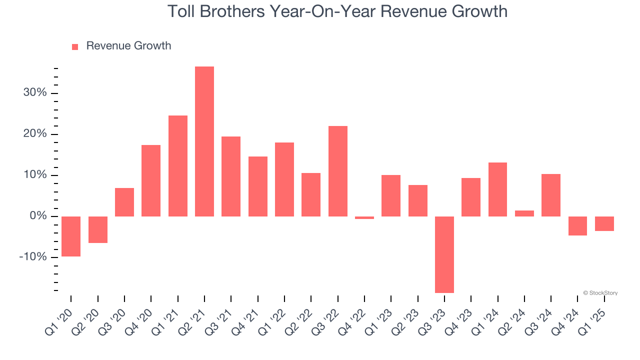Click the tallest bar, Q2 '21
(204, 141)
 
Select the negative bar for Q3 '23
(444, 254)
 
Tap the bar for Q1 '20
(71, 236)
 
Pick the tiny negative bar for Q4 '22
(364, 218)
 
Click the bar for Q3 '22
(338, 171)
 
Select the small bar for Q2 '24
(524, 213)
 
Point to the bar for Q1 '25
(604, 223)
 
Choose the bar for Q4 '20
(151, 180)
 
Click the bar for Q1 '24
(498, 189)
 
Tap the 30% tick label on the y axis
(35, 93)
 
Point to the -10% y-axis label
(33, 257)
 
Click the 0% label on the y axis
(38, 216)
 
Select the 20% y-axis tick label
(35, 134)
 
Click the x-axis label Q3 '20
(112, 320)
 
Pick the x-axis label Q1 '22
(272, 320)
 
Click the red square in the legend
(75, 46)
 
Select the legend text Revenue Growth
(128, 46)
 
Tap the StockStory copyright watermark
(600, 293)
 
